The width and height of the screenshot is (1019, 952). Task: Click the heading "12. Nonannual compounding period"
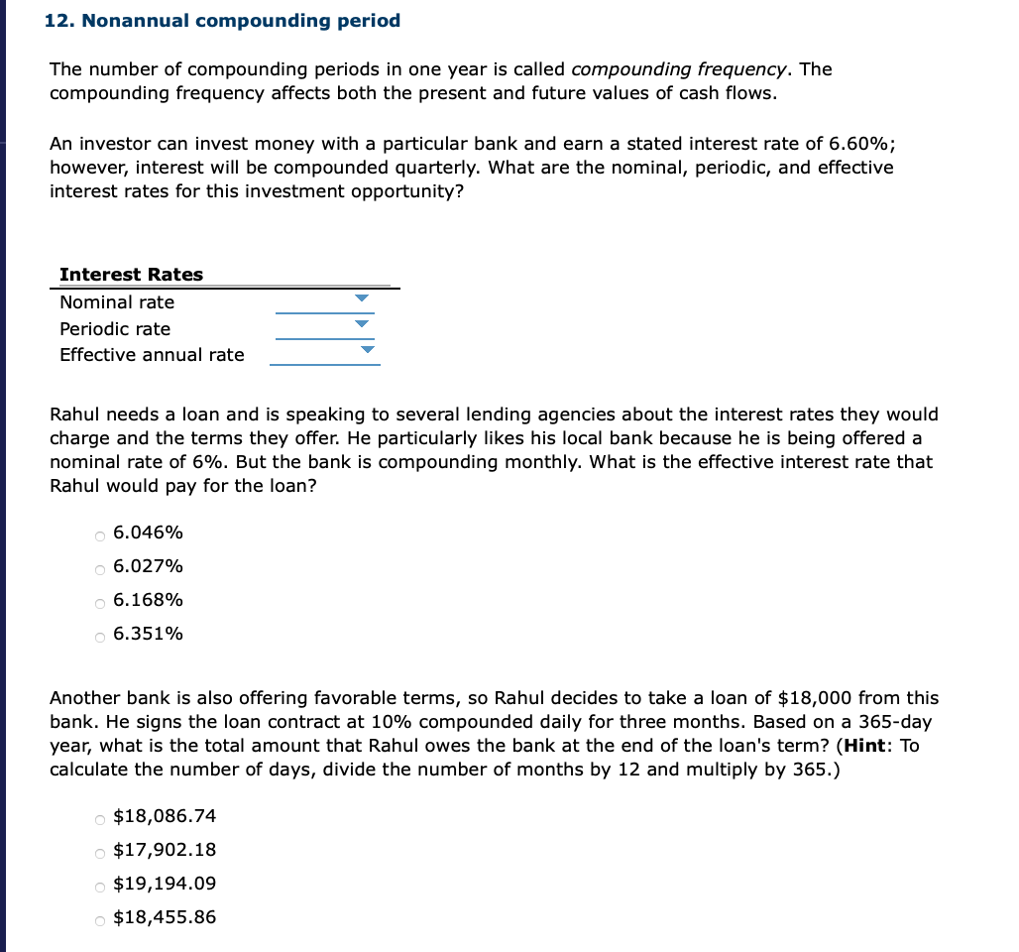223,21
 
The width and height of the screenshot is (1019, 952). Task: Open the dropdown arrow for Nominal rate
362,297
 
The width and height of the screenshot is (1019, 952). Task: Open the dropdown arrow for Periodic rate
362,323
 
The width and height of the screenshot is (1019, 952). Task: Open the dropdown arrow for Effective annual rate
368,349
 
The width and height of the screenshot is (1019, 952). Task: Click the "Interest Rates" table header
131,275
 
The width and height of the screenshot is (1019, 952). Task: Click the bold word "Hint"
866,746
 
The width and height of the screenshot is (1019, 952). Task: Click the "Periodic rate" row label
115,329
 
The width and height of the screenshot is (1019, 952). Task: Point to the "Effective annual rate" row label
152,355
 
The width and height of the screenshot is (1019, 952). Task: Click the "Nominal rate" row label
117,302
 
